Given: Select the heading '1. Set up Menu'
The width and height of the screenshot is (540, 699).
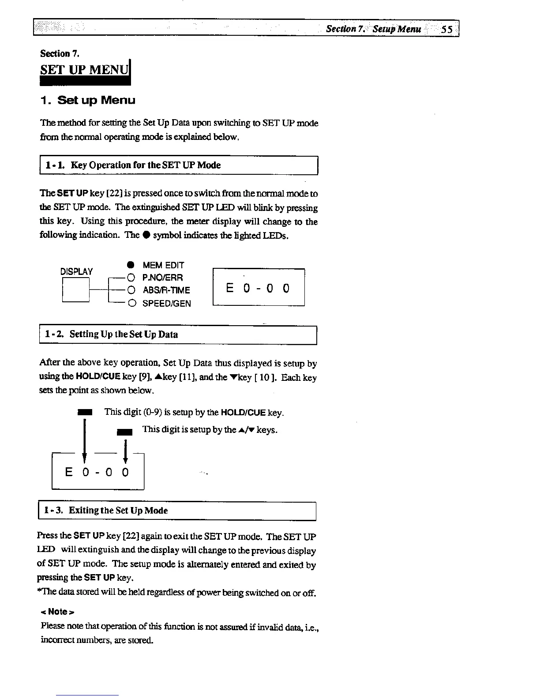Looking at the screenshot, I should (88, 100).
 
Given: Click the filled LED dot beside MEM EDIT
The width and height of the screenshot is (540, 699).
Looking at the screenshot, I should (131, 265).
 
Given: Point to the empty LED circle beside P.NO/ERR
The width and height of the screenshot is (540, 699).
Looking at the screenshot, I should (131, 278).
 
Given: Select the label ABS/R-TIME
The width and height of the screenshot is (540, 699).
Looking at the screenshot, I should (166, 290).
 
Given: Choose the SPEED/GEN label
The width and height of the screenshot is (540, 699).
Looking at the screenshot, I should (166, 303).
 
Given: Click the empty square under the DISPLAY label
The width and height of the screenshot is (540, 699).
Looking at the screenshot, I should (76, 289).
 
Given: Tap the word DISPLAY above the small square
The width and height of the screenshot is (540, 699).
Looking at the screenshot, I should (76, 271).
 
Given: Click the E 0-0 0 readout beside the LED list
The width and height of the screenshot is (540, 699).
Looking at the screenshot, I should (258, 288).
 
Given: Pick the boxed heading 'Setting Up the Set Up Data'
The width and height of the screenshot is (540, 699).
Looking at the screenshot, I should (124, 334).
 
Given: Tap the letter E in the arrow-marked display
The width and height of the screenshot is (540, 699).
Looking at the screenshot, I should (69, 472).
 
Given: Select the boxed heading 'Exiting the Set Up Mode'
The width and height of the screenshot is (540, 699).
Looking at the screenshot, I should (118, 511).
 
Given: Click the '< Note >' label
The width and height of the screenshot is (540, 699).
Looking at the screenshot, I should (57, 612).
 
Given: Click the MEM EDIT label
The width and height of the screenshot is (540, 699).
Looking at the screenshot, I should (163, 265).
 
